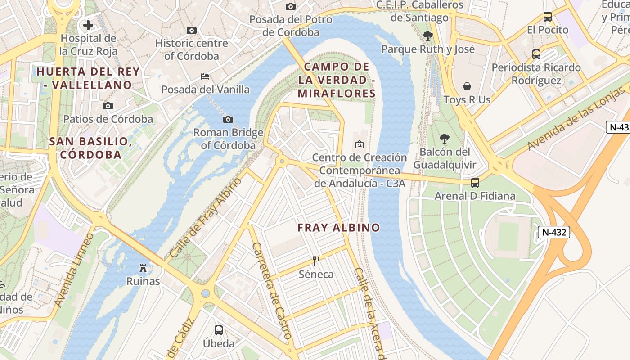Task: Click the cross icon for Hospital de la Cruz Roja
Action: [88, 25]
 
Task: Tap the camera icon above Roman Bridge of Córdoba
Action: [228, 119]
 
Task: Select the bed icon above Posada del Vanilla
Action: [205, 76]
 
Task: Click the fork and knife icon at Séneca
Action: [316, 261]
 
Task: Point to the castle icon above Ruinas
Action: [143, 268]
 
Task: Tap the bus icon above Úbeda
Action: [219, 330]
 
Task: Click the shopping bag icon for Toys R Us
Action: [467, 86]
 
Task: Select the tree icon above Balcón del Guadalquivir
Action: [445, 138]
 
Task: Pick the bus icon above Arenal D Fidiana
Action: [475, 183]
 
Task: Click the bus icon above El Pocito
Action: [548, 17]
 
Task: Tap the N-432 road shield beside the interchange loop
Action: [554, 232]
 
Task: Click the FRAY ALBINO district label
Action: [339, 228]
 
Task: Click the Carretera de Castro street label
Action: [272, 291]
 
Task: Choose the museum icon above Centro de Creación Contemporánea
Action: [359, 144]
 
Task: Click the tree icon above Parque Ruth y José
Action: [428, 36]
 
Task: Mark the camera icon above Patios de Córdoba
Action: [108, 106]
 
